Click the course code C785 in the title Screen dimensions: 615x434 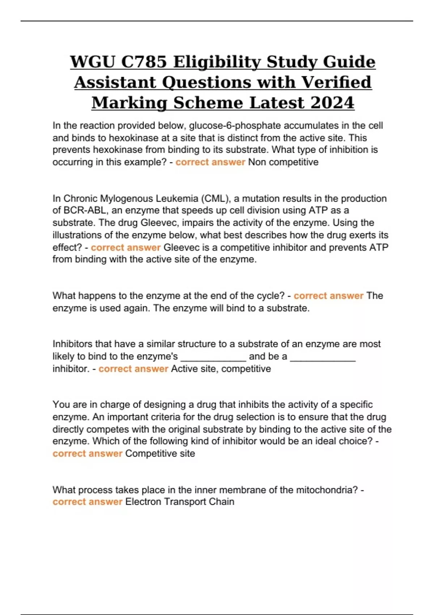144,61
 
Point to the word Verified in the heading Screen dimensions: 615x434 336,82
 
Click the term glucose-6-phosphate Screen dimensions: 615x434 235,126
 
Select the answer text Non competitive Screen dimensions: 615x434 283,162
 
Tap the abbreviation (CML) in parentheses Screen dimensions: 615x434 216,199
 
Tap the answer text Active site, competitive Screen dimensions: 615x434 221,369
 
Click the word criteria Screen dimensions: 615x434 165,417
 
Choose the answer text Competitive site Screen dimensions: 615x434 160,454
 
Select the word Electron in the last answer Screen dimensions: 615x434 143,502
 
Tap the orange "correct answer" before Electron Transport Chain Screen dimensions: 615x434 88,502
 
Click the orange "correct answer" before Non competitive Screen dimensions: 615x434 210,162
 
